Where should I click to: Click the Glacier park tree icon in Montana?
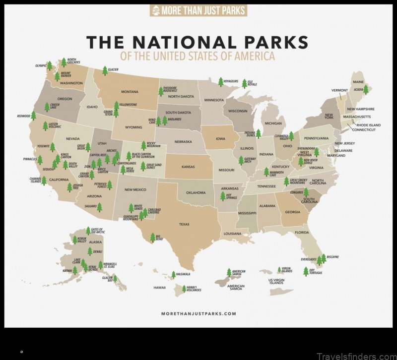point(105,70)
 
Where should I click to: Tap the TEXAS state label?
point(184,224)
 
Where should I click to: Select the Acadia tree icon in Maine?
point(366,90)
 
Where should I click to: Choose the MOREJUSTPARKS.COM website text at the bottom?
point(198,313)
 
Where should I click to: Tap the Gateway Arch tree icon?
point(241,160)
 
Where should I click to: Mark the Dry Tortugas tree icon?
point(306,271)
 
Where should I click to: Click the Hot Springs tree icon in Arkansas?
point(223,196)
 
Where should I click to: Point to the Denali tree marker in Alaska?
point(90,251)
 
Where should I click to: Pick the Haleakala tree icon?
point(173,274)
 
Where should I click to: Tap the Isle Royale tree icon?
point(244,83)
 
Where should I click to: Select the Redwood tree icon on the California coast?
point(34,116)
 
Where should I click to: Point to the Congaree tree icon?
point(306,192)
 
